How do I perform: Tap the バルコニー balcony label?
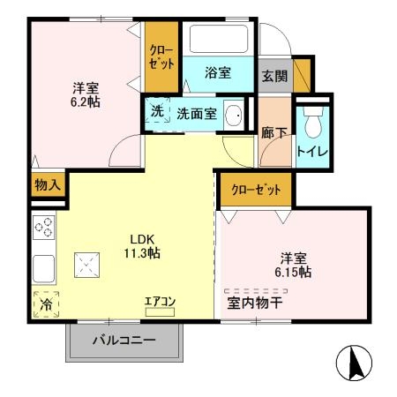pos(124,341)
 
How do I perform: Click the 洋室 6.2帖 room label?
pos(86,94)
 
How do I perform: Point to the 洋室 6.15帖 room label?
pos(292,266)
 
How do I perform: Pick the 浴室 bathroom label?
pos(218,73)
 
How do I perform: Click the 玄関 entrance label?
pos(273,76)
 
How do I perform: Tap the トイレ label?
pos(313,152)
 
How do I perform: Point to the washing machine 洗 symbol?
pos(156,113)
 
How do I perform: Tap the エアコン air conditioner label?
pos(161,302)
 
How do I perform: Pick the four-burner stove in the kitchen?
pos(43,229)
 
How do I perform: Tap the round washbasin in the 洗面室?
pos(235,115)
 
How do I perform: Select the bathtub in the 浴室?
pos(219,41)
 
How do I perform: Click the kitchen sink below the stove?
pos(43,266)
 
